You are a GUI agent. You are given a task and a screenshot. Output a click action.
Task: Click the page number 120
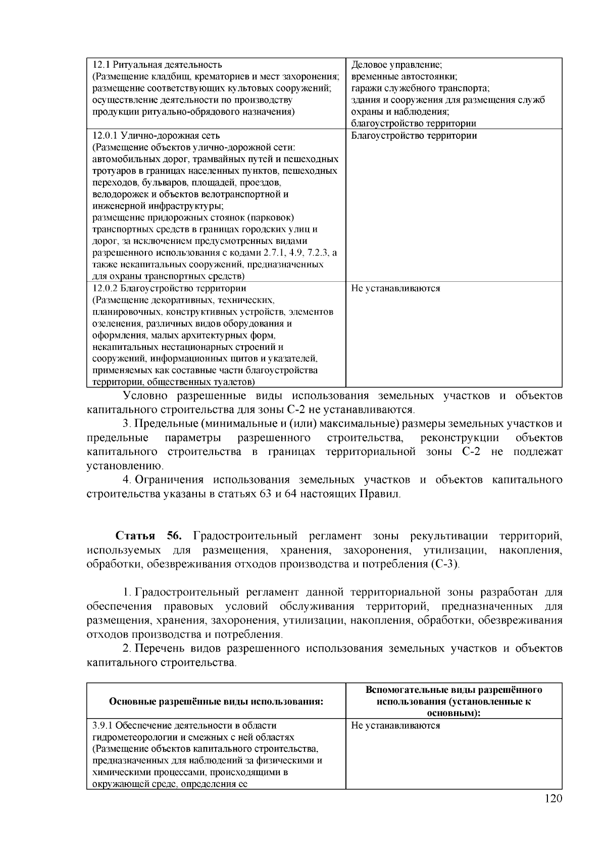pos(553,798)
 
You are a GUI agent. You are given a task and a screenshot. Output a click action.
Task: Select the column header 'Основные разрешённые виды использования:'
pos(216,701)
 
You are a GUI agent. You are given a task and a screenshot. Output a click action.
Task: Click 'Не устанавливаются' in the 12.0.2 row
pos(395,288)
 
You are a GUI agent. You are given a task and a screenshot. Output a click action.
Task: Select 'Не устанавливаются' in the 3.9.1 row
pos(395,726)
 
